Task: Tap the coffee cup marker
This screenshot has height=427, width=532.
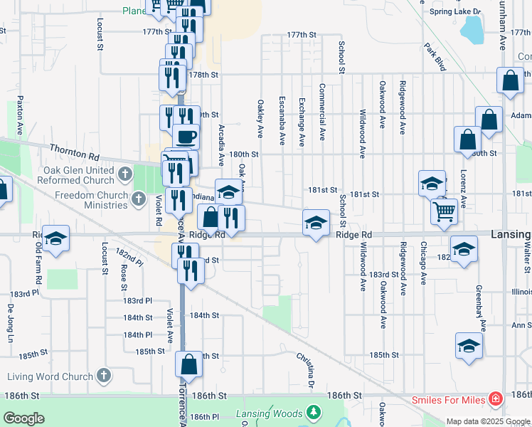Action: pyautogui.click(x=186, y=136)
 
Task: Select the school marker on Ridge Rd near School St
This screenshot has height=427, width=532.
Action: pyautogui.click(x=316, y=223)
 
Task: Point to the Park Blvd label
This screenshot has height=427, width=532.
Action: pyautogui.click(x=435, y=58)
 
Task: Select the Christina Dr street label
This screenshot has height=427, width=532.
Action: pyautogui.click(x=311, y=369)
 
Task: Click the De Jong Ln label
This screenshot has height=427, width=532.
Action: pyautogui.click(x=11, y=325)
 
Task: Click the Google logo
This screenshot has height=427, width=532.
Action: pyautogui.click(x=23, y=418)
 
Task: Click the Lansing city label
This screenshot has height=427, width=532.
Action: pyautogui.click(x=509, y=234)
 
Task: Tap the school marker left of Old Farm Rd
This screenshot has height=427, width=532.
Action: pyautogui.click(x=55, y=238)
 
